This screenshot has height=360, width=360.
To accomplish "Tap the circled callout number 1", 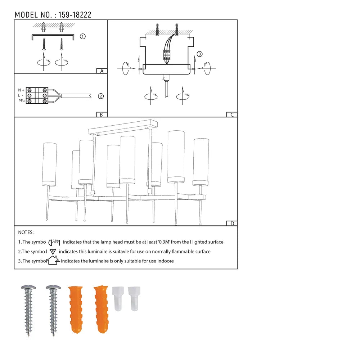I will pos(82,36).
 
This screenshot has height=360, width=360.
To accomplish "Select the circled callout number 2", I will pos(101,96).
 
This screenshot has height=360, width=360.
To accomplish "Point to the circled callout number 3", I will pos(200,54).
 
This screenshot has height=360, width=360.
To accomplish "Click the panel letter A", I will pos(102,71).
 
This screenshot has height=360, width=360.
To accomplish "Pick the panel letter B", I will pos(102,114).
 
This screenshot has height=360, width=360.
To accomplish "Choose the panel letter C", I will pos(232,115).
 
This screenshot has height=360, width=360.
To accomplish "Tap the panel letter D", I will pos(232,223).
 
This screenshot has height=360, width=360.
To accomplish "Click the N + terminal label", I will pos(21,90).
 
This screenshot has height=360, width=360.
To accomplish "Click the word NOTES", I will pos(26,233).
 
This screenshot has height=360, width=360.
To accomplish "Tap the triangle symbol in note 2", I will pos(53,252).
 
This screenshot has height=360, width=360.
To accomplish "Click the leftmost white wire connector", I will pos(118,298).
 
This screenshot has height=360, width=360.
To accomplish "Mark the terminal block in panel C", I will pos(167,55).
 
